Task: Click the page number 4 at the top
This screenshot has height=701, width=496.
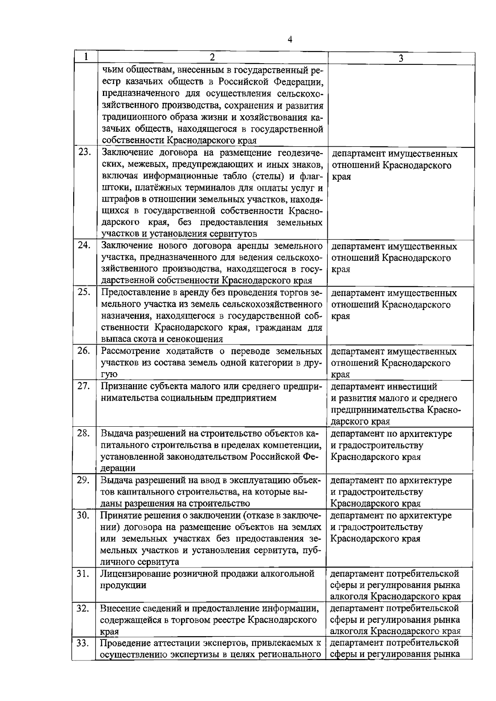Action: coord(290,39)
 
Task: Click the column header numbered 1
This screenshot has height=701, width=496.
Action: coord(85,57)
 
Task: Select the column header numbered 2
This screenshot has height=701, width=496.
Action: coord(212,57)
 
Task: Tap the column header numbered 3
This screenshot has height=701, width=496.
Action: coord(401,58)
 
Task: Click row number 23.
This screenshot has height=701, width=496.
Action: coord(85,152)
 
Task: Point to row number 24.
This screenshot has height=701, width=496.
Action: coord(85,245)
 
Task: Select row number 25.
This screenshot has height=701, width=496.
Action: coord(85,292)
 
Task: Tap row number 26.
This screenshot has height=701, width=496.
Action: coord(85,351)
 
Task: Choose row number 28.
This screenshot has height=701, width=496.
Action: coord(85,433)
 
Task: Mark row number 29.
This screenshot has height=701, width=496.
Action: coord(85,480)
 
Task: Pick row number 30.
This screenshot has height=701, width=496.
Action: coord(85,515)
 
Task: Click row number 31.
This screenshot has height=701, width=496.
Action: coord(85,573)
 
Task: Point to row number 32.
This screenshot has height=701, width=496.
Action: coord(85,608)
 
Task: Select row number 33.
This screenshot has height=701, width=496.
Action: coord(85,643)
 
